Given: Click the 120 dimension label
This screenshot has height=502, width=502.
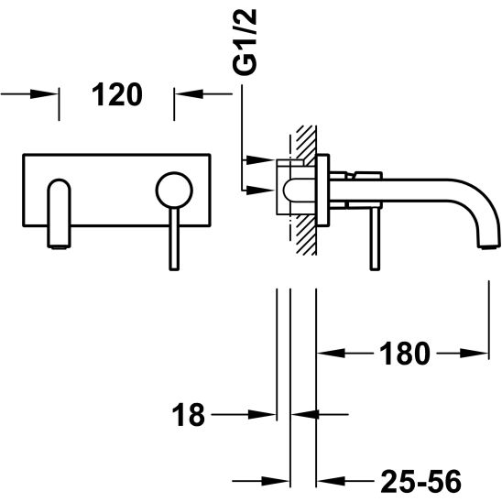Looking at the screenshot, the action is [117, 94].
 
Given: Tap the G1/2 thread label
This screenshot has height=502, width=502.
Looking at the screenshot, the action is [245, 42].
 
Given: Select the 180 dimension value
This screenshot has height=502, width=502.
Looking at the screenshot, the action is [405, 354].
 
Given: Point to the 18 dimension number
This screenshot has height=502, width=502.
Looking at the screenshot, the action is [189, 415].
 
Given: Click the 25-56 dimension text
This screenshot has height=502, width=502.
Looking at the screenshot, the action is [421, 481].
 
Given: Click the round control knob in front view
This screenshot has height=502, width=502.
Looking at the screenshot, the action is [174, 191].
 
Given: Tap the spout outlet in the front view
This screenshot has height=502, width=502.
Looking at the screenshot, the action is [59, 246].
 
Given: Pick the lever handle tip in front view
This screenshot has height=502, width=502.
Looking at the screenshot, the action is [174, 268].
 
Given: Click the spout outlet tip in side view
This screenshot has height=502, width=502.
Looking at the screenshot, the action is [489, 246].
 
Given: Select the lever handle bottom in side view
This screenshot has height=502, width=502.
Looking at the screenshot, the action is [375, 268].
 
